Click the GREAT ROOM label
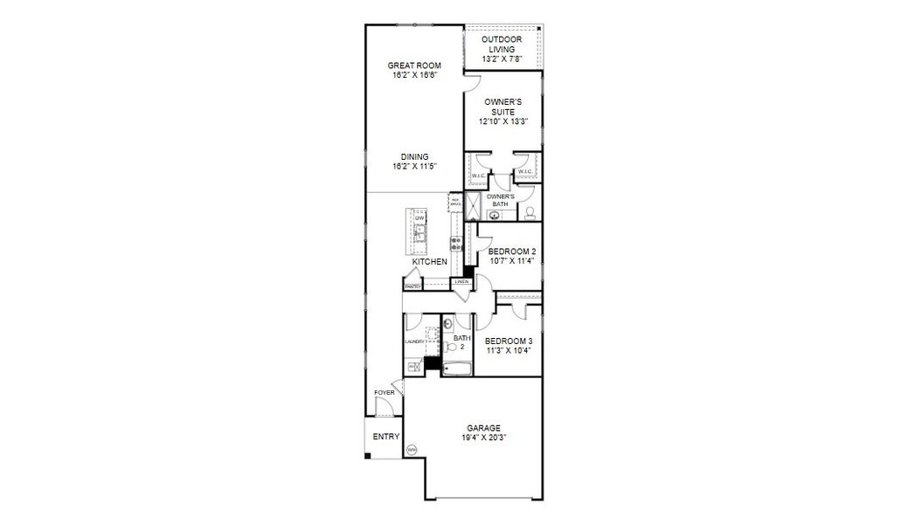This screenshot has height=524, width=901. click(x=413, y=65)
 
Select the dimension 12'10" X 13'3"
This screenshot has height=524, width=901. click(x=502, y=122)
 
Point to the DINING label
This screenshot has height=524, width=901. click(x=414, y=156)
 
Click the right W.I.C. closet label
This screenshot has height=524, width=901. click(x=524, y=172)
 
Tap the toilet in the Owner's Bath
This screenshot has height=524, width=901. click(x=530, y=211)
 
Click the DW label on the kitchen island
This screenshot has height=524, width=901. click(x=419, y=217)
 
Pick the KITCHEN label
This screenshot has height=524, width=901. click(x=430, y=261)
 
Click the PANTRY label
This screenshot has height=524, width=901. click(x=412, y=286)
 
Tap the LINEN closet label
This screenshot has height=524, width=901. click(x=461, y=281)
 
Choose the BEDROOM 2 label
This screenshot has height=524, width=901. click(x=512, y=251)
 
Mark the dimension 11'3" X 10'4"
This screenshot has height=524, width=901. click(x=509, y=350)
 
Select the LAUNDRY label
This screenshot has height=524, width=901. click(x=414, y=342)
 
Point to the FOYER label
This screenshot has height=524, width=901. click(x=384, y=393)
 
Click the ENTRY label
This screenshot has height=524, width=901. click(x=385, y=437)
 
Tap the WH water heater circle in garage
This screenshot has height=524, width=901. click(x=412, y=450)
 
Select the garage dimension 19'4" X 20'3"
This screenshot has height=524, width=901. click(x=483, y=438)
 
